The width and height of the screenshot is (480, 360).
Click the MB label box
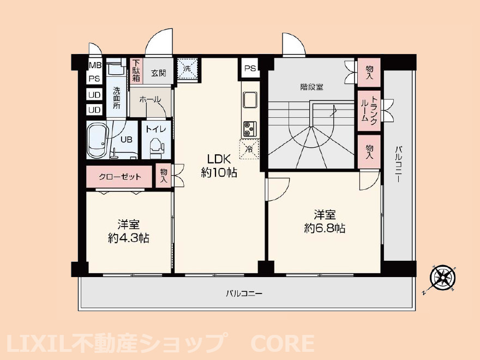(95, 65)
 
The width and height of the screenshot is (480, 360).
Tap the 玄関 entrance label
(159, 73)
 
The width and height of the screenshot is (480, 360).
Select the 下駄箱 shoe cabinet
(135, 71)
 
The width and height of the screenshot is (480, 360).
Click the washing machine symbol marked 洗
(187, 69)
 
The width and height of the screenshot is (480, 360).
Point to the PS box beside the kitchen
(250, 69)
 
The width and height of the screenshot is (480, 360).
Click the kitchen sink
(250, 101)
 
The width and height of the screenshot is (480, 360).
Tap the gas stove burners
(250, 128)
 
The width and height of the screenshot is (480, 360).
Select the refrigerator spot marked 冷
(249, 148)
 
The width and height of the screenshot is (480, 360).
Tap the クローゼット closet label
(120, 177)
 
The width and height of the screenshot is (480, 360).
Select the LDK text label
(219, 159)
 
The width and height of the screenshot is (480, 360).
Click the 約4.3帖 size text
(129, 238)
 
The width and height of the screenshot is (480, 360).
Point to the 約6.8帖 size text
(324, 229)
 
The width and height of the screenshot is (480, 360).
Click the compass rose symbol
(441, 278)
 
